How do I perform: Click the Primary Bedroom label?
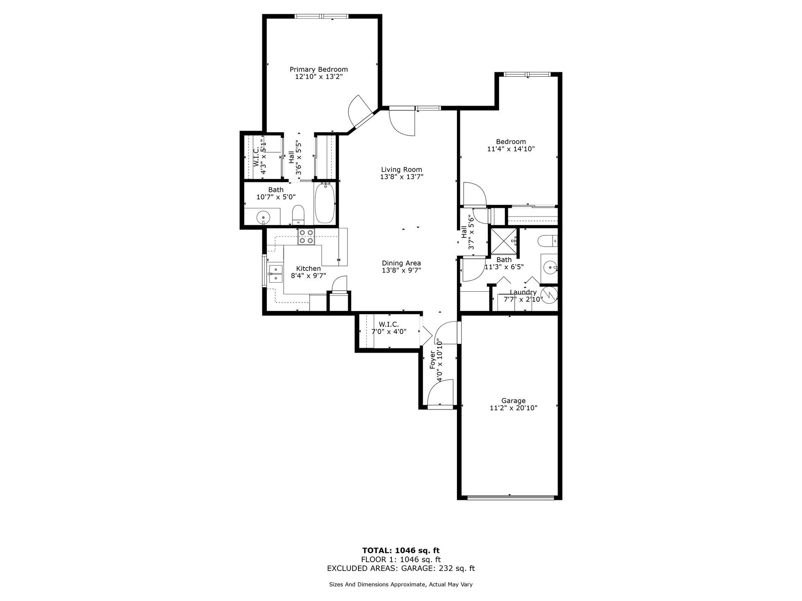(319, 69)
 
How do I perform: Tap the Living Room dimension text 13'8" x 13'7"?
(401, 177)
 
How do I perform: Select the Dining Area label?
(401, 263)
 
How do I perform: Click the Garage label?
(513, 401)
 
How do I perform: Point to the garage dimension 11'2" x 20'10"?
(513, 408)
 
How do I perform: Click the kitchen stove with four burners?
(306, 237)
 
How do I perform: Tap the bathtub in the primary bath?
(325, 204)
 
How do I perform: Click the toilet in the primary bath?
(298, 214)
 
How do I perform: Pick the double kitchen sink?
(275, 273)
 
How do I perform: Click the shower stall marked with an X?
(504, 242)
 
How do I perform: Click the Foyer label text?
(433, 360)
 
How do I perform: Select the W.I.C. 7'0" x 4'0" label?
(389, 328)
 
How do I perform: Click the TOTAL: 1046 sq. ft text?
(401, 550)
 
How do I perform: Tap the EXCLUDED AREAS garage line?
(401, 568)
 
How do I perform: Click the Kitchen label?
(309, 268)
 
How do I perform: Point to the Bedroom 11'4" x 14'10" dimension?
(511, 149)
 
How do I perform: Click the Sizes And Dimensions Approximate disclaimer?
(401, 585)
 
